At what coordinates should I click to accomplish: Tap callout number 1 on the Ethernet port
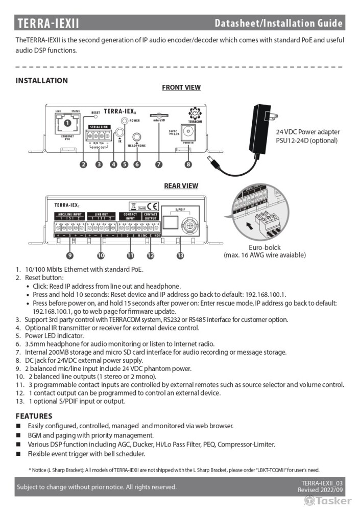[x=67, y=123]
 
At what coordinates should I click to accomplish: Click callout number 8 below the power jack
[x=188, y=165]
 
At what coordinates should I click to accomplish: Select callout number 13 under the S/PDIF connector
[x=180, y=255]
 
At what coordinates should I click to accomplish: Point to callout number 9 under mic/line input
[x=69, y=255]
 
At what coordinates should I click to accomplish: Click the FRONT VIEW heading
[x=181, y=88]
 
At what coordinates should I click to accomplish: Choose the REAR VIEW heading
[x=181, y=186]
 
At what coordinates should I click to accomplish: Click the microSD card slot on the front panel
[x=159, y=117]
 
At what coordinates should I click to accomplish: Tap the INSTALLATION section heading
[x=41, y=81]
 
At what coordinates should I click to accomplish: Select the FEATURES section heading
[x=34, y=416]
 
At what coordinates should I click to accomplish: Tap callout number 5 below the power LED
[x=125, y=165]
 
